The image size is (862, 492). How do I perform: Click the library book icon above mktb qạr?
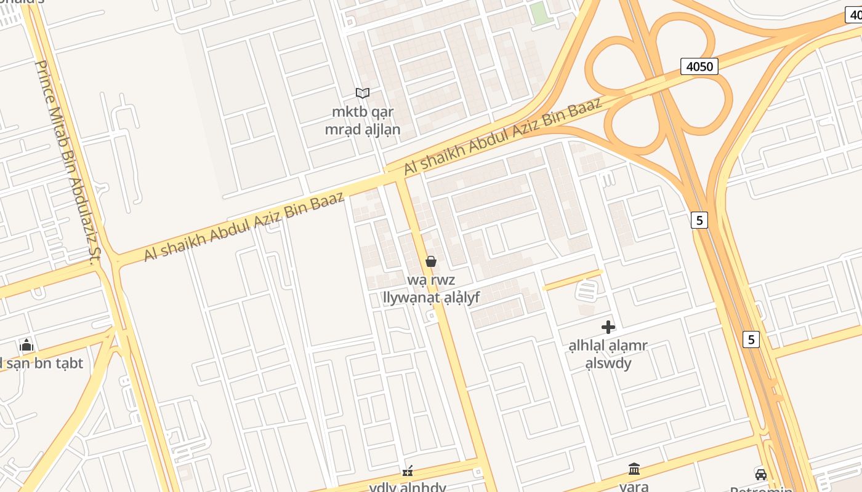(363, 93)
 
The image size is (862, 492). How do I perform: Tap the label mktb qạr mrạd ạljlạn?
(363, 121)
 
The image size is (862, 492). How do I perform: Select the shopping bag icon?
(431, 261)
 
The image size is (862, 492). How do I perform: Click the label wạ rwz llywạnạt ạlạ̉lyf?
(431, 289)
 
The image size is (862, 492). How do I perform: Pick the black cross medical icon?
(608, 327)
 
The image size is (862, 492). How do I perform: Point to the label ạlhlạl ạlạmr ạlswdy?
(608, 354)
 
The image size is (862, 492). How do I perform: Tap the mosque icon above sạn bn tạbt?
(26, 345)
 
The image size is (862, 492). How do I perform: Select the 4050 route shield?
(699, 66)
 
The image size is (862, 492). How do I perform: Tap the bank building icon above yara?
(634, 469)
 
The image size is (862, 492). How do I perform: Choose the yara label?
(634, 486)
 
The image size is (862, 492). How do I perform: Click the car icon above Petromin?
(761, 474)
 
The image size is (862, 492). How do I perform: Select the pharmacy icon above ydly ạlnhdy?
(407, 471)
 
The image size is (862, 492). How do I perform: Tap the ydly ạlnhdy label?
(407, 487)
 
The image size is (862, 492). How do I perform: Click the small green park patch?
(540, 14)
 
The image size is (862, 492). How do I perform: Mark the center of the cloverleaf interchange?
(659, 84)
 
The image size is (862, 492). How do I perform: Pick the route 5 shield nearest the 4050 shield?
(699, 220)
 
